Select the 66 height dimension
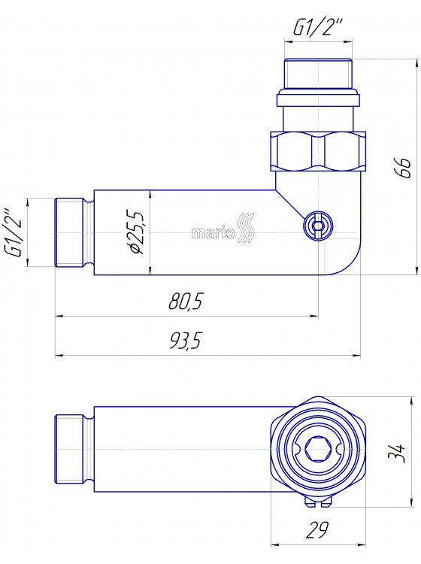[x=404, y=167]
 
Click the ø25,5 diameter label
[x=137, y=232]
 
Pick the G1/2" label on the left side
[x=14, y=232]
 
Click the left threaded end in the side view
[x=72, y=232]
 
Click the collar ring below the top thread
[x=318, y=99]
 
